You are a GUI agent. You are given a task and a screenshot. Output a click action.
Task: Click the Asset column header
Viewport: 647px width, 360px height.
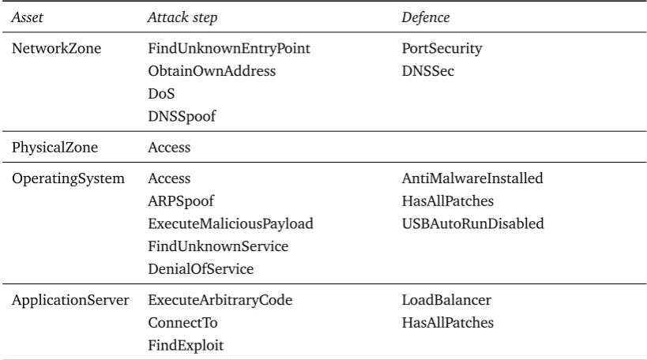[27, 17]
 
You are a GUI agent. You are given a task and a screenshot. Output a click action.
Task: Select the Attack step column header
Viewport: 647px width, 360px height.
[182, 17]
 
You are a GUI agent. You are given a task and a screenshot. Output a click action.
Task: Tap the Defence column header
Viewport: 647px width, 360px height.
[426, 17]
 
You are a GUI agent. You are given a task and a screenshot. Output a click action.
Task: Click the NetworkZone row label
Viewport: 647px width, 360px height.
[57, 48]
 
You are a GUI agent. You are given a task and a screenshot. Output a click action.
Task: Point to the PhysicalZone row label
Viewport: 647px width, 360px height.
[55, 148]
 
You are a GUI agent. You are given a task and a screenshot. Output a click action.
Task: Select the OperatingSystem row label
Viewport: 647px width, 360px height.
[68, 178]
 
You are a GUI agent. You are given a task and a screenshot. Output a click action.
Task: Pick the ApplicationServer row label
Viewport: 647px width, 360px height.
[70, 300]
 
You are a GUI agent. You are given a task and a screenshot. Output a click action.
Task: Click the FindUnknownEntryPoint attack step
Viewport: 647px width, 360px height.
[229, 49]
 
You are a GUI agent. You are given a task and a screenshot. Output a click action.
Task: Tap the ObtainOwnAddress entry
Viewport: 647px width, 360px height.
[212, 71]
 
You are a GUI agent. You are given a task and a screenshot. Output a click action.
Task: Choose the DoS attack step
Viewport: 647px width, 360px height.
[161, 94]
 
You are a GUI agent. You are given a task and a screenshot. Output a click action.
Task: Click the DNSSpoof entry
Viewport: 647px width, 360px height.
[182, 117]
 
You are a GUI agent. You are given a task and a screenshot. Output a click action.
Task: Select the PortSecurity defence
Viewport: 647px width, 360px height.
[442, 49]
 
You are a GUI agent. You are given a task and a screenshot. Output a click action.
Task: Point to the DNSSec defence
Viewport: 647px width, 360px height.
[428, 71]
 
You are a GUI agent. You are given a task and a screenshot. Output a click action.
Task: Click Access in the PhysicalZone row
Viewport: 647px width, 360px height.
[169, 148]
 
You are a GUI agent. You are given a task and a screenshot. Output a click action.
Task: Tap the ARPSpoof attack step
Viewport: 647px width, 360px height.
[181, 201]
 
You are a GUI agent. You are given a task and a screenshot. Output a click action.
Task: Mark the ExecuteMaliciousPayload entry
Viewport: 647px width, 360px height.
[231, 224]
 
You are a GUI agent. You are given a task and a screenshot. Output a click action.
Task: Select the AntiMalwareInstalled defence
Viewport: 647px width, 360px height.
[472, 178]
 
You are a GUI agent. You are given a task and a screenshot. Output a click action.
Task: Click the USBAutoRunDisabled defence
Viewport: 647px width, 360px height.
[473, 223]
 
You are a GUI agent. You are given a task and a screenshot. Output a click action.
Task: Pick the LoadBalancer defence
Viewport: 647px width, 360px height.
[446, 300]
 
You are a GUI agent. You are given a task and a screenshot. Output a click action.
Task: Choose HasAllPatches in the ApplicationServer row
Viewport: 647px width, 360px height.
[448, 322]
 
